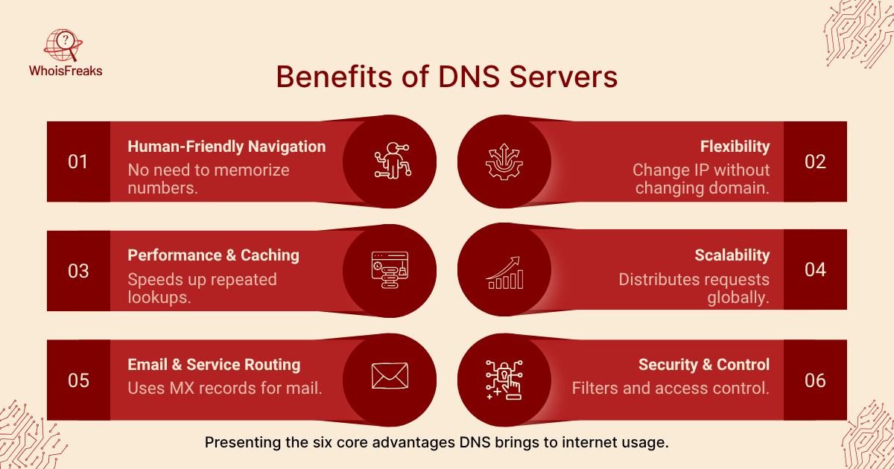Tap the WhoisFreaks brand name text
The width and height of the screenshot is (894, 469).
[66, 71]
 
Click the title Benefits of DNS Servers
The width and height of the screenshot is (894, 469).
[446, 77]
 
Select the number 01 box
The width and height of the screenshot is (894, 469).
[78, 162]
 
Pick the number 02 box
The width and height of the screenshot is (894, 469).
[815, 162]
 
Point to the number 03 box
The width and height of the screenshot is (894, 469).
[78, 271]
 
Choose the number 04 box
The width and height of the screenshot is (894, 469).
[815, 271]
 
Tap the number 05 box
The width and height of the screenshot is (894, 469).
[78, 380]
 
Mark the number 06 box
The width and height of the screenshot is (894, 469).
[815, 380]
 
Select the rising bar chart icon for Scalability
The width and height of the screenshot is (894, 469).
[504, 272]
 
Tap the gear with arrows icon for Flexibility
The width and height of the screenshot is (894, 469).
[504, 161]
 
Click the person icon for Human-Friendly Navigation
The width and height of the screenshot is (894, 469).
[391, 161]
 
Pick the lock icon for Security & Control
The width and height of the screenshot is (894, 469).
[504, 380]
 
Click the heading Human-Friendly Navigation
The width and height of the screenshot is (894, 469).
[226, 147]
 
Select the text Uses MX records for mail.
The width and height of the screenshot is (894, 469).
[225, 388]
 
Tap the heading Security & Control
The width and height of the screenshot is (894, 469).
[703, 365]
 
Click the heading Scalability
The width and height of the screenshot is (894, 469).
[732, 255]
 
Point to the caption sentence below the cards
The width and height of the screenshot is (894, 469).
[437, 443]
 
